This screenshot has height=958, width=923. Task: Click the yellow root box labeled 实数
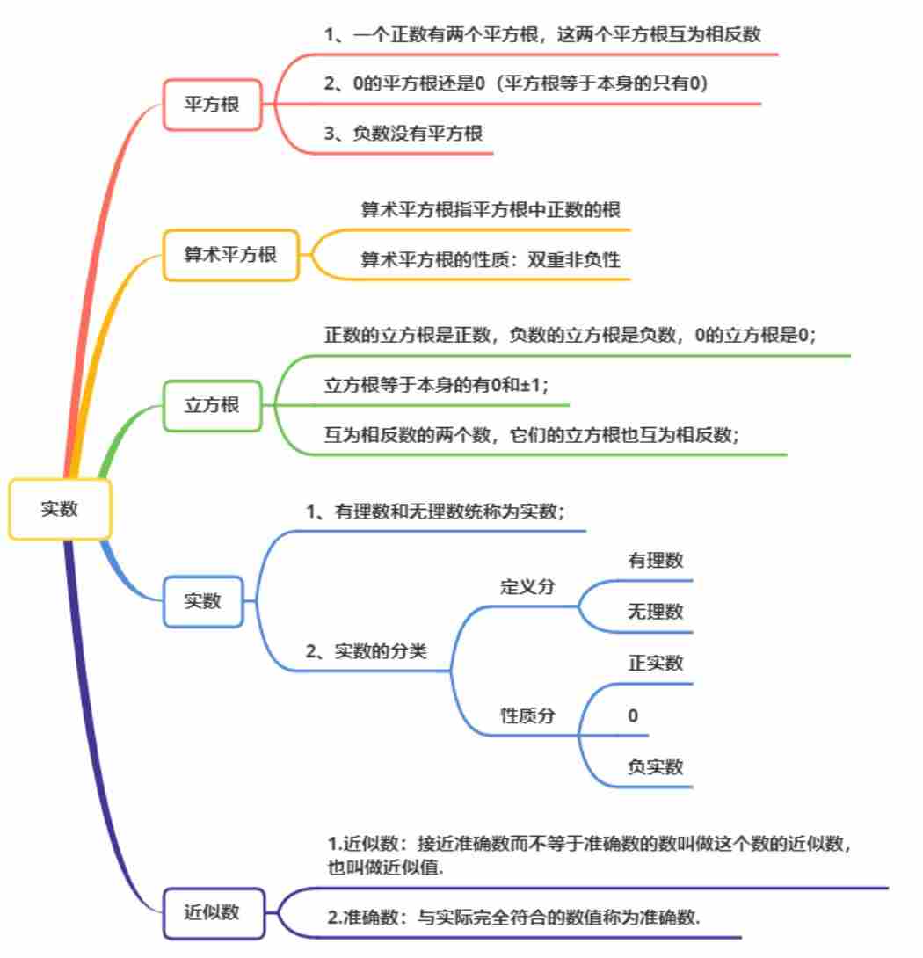point(60,509)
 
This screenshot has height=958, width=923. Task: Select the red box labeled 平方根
point(212,105)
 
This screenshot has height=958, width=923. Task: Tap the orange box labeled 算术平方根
point(230,255)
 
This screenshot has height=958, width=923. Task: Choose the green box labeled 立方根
point(212,406)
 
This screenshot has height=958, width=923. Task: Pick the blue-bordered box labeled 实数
point(203,602)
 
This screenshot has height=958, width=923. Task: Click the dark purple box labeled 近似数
point(212,912)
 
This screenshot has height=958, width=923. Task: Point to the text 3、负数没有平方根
point(403,134)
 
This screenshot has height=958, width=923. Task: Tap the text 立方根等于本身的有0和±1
point(435,386)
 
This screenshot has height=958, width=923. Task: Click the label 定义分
point(527,587)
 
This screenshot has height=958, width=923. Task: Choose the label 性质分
point(527,715)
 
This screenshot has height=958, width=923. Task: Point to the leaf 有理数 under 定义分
point(655,561)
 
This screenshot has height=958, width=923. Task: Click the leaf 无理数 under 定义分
point(655,612)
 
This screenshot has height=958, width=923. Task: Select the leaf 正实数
point(655,664)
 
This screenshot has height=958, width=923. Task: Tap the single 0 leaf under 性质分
point(633,716)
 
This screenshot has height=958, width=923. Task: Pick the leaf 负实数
point(655,767)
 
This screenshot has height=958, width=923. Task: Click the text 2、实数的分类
point(378,652)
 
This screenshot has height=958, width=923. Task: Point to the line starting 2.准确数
point(519,918)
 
